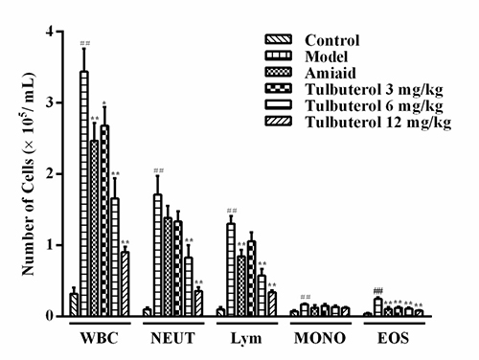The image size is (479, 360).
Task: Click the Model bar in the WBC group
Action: pyautogui.click(x=84, y=193)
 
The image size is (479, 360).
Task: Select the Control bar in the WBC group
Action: pyautogui.click(x=74, y=304)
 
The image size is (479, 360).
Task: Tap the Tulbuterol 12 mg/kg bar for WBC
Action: pyautogui.click(x=125, y=283)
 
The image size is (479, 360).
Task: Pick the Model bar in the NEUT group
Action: pyautogui.click(x=158, y=255)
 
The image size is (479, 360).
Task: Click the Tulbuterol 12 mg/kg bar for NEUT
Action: pyautogui.click(x=198, y=304)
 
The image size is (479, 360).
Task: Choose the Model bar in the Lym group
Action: pyautogui.click(x=231, y=270)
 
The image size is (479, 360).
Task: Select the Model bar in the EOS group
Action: pyautogui.click(x=378, y=307)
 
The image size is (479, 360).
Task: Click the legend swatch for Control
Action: pyautogui.click(x=279, y=39)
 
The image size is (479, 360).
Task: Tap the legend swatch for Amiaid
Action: pyautogui.click(x=279, y=72)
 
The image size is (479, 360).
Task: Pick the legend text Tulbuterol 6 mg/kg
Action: pyautogui.click(x=374, y=106)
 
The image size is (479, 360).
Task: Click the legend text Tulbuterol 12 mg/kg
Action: pyautogui.click(x=378, y=123)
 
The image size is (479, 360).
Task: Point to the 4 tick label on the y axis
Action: pyautogui.click(x=51, y=32)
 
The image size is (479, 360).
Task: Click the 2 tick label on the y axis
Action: pyautogui.click(x=51, y=174)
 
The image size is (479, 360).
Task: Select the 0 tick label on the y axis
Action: pyautogui.click(x=51, y=316)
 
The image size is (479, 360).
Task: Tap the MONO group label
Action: pyautogui.click(x=320, y=338)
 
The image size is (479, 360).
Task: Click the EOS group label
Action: pyautogui.click(x=393, y=338)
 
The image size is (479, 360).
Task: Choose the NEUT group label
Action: pyautogui.click(x=172, y=338)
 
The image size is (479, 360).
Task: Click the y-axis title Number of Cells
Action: pyautogui.click(x=28, y=203)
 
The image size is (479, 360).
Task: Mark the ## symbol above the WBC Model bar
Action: pyautogui.click(x=85, y=43)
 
